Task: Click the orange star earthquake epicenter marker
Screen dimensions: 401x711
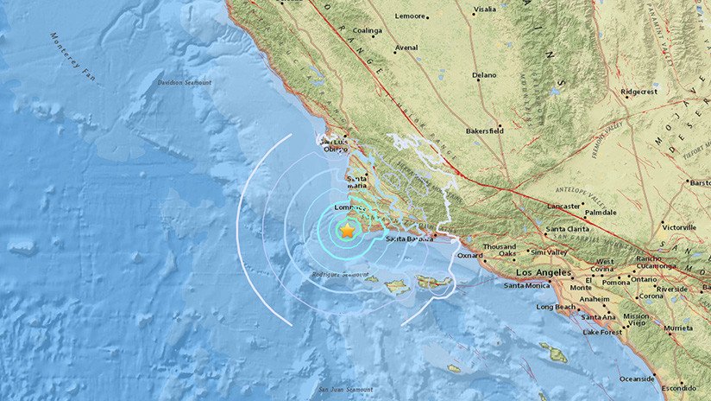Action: pos(347,231)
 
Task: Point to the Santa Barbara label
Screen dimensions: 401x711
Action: pos(407,239)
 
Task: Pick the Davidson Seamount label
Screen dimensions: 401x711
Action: pos(185,83)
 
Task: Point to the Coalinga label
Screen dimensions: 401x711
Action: pos(367,30)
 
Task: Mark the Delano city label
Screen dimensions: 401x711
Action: pos(485,75)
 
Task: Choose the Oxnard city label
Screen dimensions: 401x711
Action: pos(470,255)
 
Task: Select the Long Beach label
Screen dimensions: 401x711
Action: pos(556,307)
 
